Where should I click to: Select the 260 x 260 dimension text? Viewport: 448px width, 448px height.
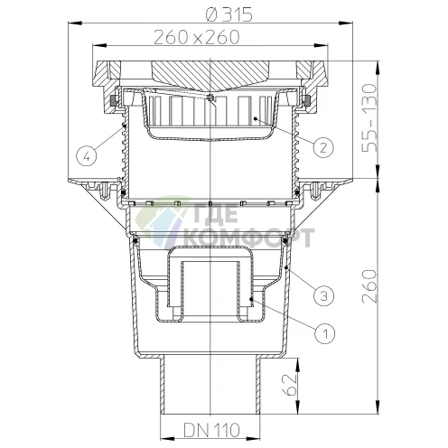[197, 37]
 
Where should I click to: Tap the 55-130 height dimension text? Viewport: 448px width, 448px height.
[369, 118]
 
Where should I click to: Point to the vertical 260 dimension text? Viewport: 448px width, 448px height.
[369, 286]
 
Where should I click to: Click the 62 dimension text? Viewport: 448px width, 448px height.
[289, 385]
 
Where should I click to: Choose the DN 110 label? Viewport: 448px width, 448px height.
[211, 430]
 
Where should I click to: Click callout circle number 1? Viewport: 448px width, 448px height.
[325, 333]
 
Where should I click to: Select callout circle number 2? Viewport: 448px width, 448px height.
[323, 147]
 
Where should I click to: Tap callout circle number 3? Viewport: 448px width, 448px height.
[323, 295]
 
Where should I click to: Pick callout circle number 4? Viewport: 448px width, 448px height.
[87, 156]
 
